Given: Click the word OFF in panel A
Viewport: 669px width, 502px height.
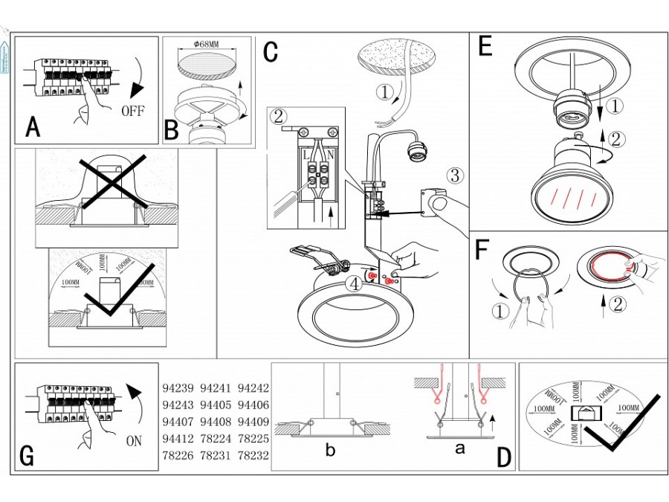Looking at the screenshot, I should tap(132, 112).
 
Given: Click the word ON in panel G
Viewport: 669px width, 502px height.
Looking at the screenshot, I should tap(134, 440).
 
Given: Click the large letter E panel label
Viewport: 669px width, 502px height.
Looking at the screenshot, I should tap(485, 48).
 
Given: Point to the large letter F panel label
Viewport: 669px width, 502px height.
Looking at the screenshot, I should tap(482, 250).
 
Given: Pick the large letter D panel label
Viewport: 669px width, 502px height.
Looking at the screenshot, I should tap(503, 457).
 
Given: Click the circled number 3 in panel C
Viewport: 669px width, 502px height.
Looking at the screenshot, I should tap(454, 176).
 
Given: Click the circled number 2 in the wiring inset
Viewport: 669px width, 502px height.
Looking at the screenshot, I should tap(279, 117).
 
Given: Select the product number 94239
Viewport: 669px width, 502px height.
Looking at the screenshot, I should tap(178, 388).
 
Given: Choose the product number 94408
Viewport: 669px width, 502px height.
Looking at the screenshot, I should tap(216, 421).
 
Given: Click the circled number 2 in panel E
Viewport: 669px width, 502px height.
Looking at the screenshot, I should tap(615, 138).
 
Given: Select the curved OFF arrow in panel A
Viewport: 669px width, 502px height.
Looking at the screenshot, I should tap(136, 80).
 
